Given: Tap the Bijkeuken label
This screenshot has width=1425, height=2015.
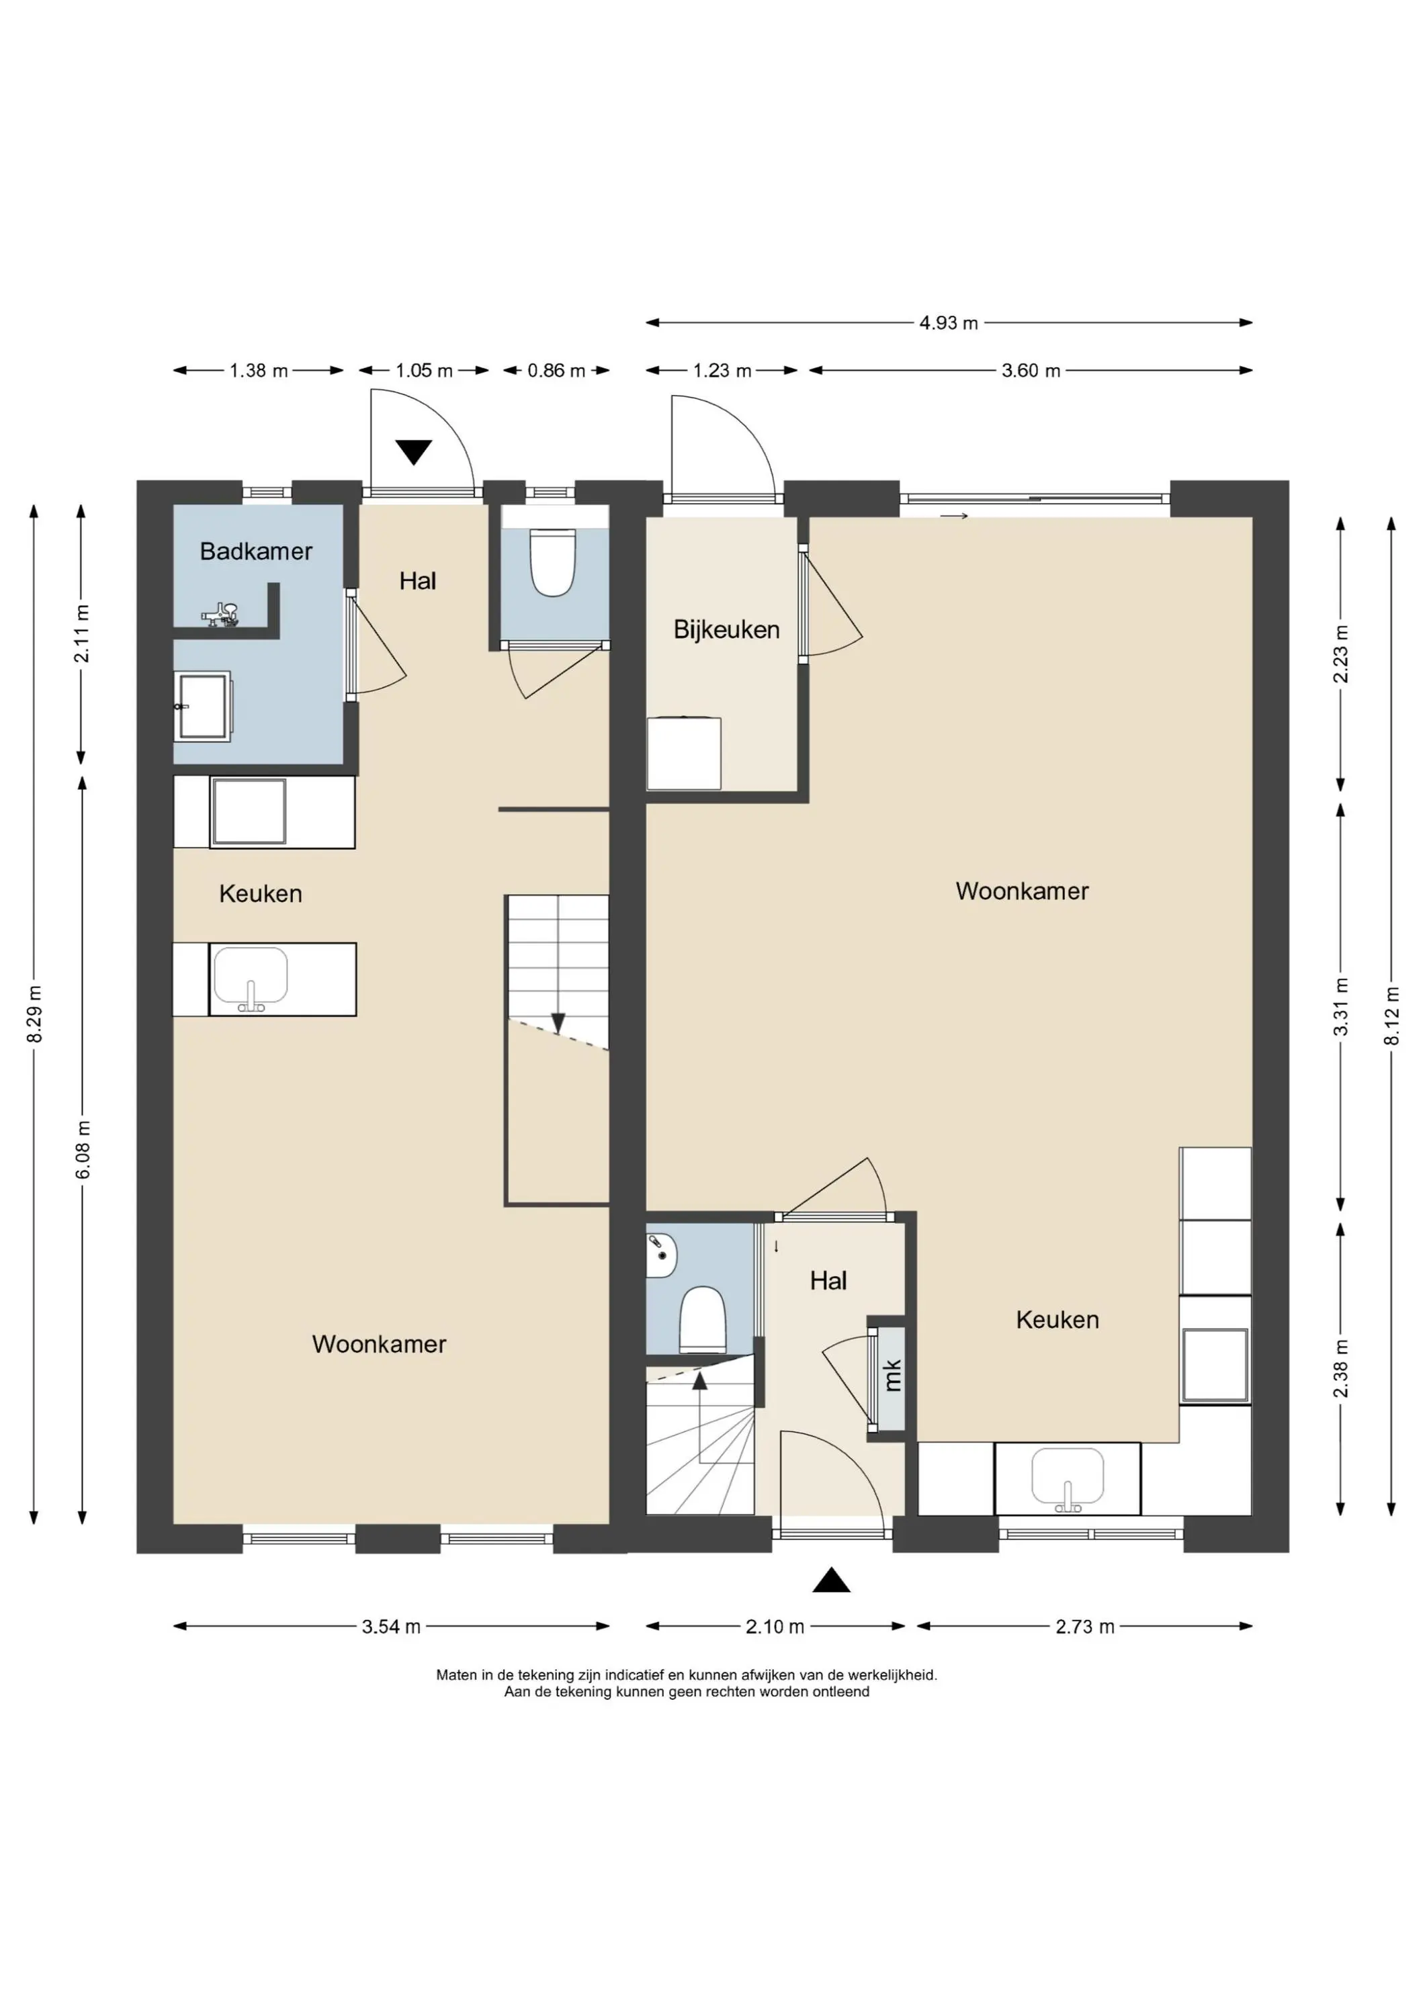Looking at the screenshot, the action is click(726, 629).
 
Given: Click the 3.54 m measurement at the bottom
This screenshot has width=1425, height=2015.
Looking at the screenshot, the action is click(391, 1626).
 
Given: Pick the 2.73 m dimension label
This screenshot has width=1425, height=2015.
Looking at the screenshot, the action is click(1084, 1626).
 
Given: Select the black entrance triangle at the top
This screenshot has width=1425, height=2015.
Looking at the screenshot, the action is click(414, 452).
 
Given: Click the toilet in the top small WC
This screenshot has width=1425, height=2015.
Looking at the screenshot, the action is click(552, 562).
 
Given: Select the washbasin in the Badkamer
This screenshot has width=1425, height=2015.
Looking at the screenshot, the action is click(203, 707).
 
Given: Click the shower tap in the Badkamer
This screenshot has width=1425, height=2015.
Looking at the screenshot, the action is click(220, 615).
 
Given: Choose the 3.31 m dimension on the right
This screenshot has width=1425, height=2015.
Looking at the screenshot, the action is click(1341, 1007).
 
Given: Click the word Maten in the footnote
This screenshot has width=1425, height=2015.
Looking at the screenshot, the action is click(457, 1674).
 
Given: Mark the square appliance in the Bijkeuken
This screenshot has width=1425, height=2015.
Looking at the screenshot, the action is click(684, 753).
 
